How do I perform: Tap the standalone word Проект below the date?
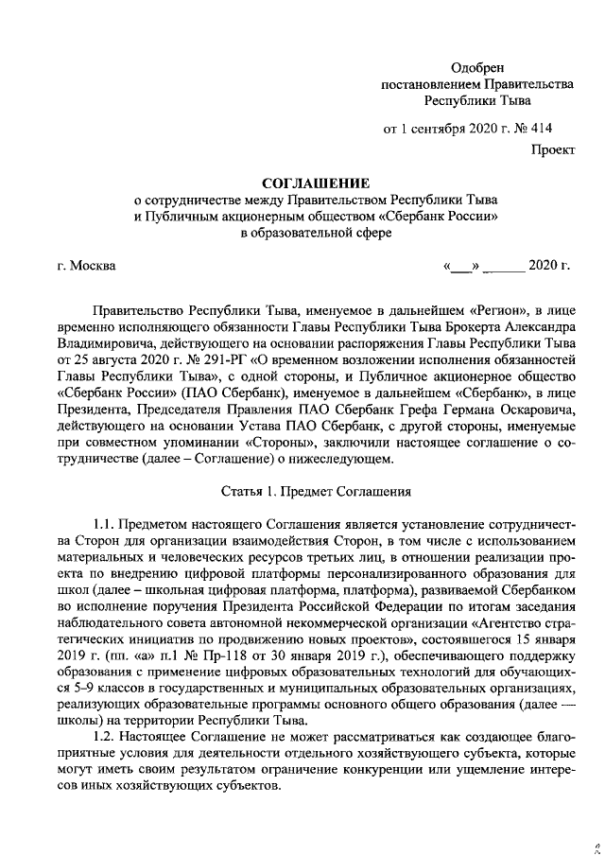coord(552,149)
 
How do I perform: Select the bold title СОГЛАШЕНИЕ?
coord(317,183)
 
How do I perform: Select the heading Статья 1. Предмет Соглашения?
coord(316,492)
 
